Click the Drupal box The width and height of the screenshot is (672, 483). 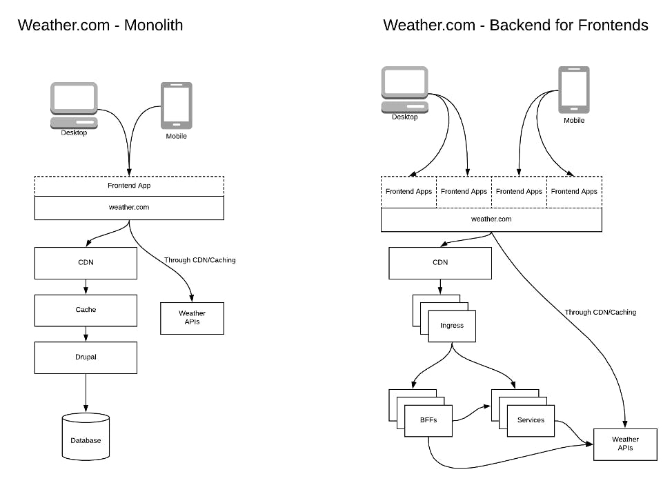coord(86,357)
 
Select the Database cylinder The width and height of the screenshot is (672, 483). coord(86,437)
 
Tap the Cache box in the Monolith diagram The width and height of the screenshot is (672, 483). coord(86,310)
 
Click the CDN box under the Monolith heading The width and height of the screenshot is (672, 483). coord(86,263)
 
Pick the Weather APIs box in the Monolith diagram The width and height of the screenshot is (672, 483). coord(192,318)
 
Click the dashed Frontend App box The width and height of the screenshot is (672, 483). coord(129,186)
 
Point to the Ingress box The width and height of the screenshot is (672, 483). coord(452,326)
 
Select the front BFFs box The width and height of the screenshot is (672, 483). coord(428,421)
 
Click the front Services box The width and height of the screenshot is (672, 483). coord(531,421)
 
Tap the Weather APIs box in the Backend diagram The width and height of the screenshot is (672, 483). coord(625,444)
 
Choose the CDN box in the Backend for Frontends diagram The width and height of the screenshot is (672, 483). coord(440,263)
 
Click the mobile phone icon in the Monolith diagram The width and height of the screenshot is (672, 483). coord(177,106)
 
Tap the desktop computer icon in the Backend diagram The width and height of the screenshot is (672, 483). coord(404,90)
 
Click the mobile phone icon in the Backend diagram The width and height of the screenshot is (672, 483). coord(574,90)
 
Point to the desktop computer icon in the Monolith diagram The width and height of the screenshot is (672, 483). coord(74,106)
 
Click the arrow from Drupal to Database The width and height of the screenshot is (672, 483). coord(86,393)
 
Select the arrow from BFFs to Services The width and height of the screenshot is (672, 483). coord(471,413)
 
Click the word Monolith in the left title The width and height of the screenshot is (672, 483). coord(153,26)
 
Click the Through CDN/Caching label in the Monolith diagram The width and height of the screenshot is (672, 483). coord(199,260)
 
